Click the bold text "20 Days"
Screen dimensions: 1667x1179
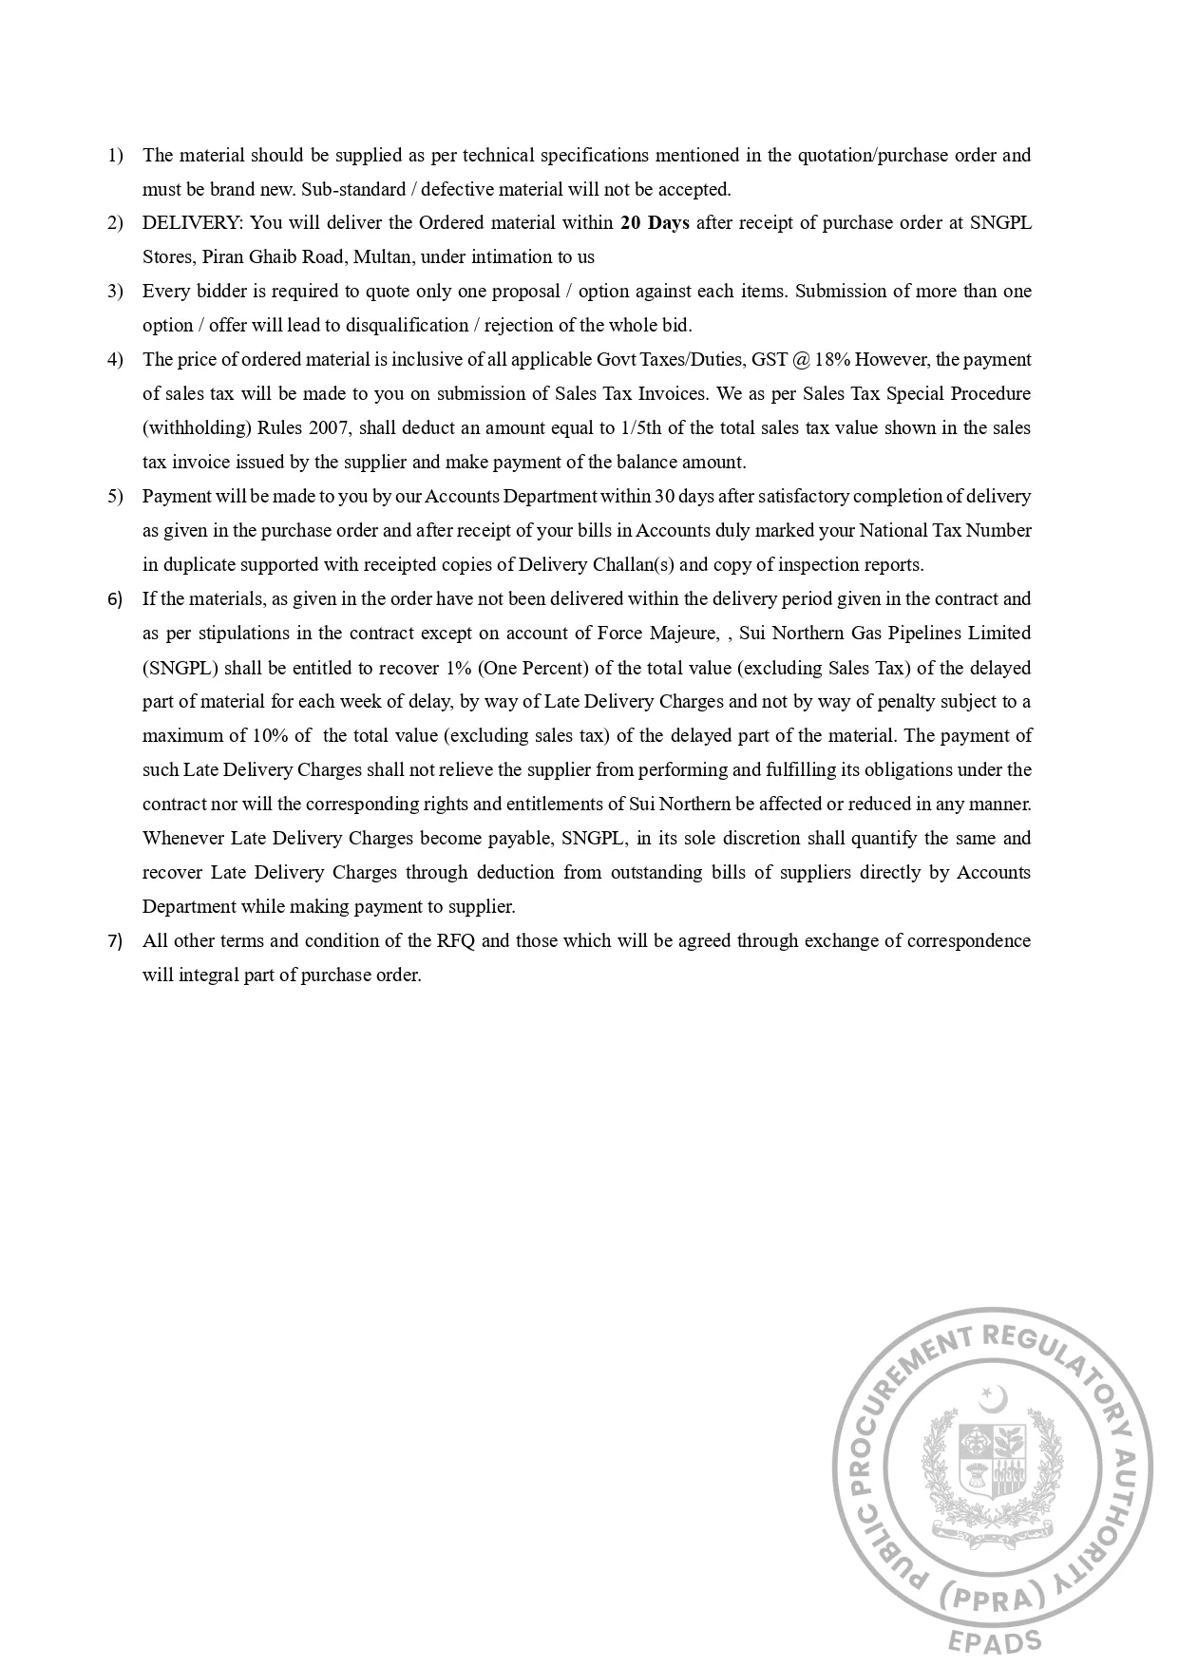point(655,223)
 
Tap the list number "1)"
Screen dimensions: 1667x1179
point(115,155)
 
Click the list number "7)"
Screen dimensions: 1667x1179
point(115,941)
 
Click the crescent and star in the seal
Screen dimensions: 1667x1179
point(994,1398)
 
